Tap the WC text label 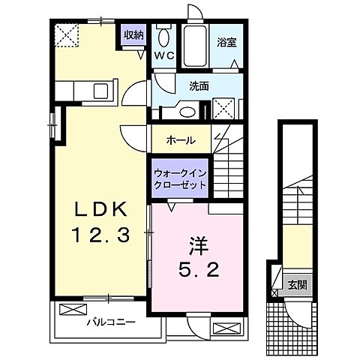tap(163, 55)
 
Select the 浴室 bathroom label tap(226, 42)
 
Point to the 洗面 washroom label tap(199, 86)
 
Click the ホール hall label tap(181, 139)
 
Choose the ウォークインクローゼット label tap(180, 178)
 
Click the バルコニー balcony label tap(109, 322)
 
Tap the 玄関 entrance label tap(297, 285)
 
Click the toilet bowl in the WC tap(163, 37)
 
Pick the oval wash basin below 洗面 tap(189, 112)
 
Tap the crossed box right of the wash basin tap(223, 109)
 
